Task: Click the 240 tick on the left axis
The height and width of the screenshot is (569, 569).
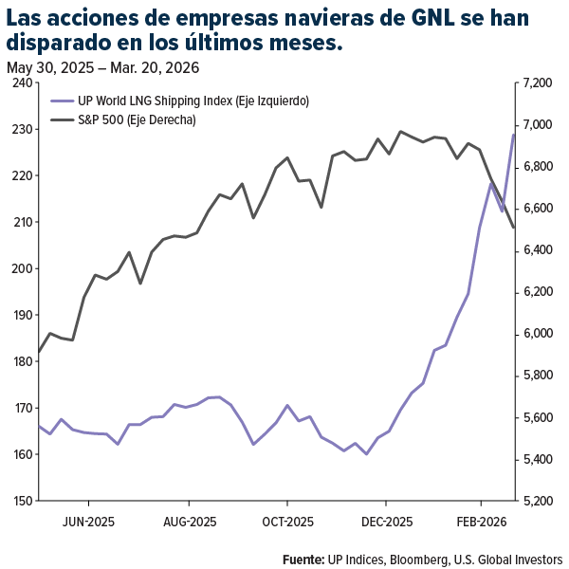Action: tap(20, 83)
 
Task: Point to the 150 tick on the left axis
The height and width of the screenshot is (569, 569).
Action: tap(20, 501)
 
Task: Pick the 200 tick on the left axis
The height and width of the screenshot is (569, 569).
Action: tap(20, 268)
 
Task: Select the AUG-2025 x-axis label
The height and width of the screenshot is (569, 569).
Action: tap(190, 522)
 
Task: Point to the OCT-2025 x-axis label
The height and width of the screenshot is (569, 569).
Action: tap(287, 522)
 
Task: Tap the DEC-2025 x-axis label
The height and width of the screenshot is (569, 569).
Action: tap(386, 522)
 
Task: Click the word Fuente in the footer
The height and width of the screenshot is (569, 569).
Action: tap(303, 559)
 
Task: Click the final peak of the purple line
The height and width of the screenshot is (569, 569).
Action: tap(513, 135)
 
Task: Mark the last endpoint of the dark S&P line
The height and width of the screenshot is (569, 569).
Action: tap(513, 227)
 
